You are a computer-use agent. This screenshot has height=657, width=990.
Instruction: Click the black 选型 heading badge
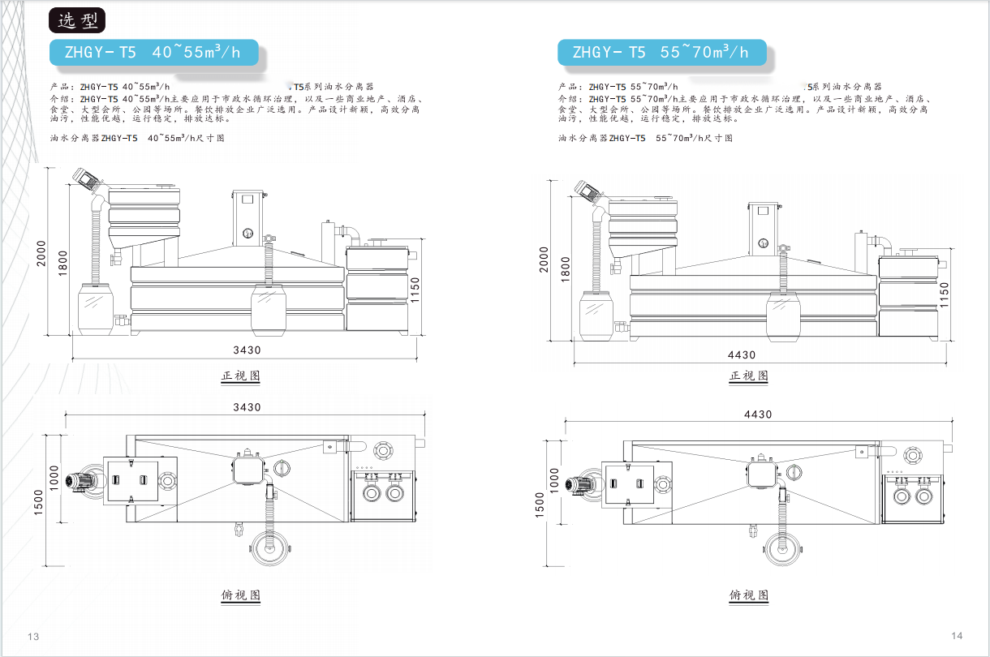pos(77,20)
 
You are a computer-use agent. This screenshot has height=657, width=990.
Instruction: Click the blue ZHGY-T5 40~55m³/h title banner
pos(154,52)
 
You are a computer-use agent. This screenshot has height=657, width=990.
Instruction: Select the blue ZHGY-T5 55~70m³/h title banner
pos(661,52)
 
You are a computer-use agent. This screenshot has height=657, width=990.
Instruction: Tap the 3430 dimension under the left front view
pos(247,350)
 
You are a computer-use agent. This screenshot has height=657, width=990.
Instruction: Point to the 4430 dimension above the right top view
pos(758,414)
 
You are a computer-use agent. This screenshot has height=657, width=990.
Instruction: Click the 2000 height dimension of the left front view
pos(41,253)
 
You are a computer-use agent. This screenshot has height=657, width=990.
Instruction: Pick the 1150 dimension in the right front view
pos(944,295)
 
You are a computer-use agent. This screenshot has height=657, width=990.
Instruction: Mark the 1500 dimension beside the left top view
pos(38,502)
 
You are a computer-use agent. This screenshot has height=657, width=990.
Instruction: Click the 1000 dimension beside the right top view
pos(553,480)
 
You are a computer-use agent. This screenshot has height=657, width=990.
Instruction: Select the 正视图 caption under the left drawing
pos(241,376)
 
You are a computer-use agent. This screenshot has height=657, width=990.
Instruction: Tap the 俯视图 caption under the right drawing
pos(749,595)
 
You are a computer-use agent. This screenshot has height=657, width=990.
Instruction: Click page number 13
pos(33,636)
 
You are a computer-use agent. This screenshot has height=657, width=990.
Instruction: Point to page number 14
pos(957,635)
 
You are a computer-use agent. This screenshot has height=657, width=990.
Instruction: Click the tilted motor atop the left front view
pos(87,180)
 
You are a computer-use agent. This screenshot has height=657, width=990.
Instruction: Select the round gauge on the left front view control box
pos(248,234)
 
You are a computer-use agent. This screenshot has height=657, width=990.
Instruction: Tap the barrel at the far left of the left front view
pos(95,309)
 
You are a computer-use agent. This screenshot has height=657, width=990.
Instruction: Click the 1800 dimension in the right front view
pos(566,269)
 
